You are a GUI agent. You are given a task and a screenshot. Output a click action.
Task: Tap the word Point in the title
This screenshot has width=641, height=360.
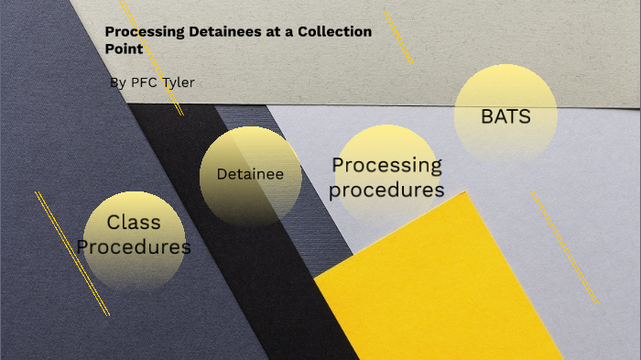coord(124,49)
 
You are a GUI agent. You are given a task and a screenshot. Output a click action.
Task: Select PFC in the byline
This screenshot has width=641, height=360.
coord(145,82)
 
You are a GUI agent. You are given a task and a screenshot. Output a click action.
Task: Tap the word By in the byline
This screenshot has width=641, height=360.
coord(118,82)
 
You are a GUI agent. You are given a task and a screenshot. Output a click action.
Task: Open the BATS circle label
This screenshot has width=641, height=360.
coord(505,116)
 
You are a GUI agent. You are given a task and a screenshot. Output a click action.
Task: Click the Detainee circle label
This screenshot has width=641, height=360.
coord(250,174)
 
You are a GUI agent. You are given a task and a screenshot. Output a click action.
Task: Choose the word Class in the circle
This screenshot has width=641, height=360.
coord(134,222)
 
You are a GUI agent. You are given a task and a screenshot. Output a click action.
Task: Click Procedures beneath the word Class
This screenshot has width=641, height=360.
coord(134,246)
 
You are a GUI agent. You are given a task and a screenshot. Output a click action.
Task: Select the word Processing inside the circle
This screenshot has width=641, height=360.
coord(386,166)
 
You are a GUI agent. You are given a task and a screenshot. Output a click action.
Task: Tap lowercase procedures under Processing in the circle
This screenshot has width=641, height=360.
coord(386,190)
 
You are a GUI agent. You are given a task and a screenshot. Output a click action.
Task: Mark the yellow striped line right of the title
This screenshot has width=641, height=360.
coord(398,37)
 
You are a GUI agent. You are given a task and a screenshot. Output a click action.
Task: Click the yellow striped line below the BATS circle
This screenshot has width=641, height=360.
coord(563,247)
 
